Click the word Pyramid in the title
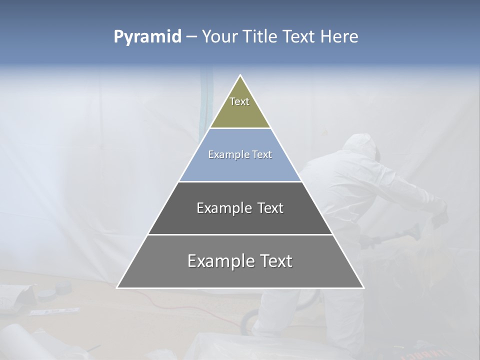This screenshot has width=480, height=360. coord(147,37)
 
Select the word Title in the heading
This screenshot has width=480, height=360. coord(260,36)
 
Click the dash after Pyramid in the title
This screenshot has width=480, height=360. coord(191,37)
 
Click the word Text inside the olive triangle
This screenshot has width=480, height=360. coord(239,101)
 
